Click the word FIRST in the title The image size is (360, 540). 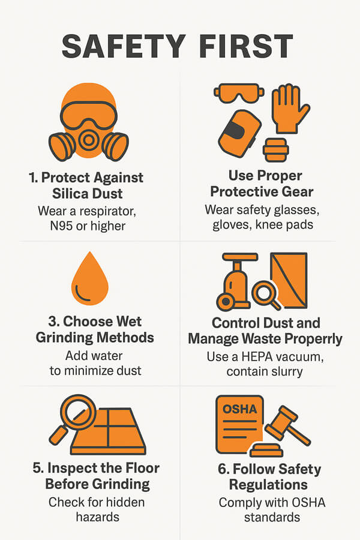246,46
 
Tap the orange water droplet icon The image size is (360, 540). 90,278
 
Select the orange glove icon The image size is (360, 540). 289,109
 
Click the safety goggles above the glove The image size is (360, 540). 239,93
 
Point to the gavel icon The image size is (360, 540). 287,427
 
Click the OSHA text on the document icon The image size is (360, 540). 240,409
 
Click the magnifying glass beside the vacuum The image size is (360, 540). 266,295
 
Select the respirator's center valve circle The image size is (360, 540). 89,139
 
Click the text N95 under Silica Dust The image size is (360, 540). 61,226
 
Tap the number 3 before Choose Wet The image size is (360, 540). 53,322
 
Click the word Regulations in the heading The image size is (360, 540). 268,485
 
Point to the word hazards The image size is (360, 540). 97,517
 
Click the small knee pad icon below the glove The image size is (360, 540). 275,150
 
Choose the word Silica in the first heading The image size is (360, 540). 68,194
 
